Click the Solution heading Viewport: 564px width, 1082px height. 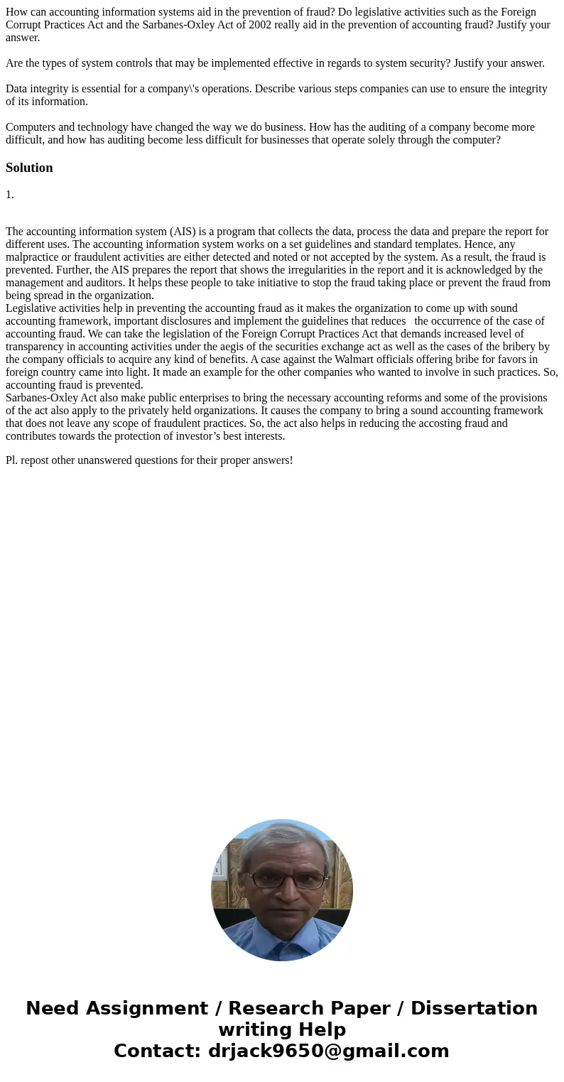point(29,168)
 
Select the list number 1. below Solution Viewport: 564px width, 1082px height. point(10,195)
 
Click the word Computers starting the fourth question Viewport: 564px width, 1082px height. point(30,127)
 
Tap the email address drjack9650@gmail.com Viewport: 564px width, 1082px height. point(328,1051)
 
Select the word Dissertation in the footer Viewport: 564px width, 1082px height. point(474,1008)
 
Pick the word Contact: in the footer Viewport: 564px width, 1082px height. point(157,1051)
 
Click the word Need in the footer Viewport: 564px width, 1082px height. point(53,1008)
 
